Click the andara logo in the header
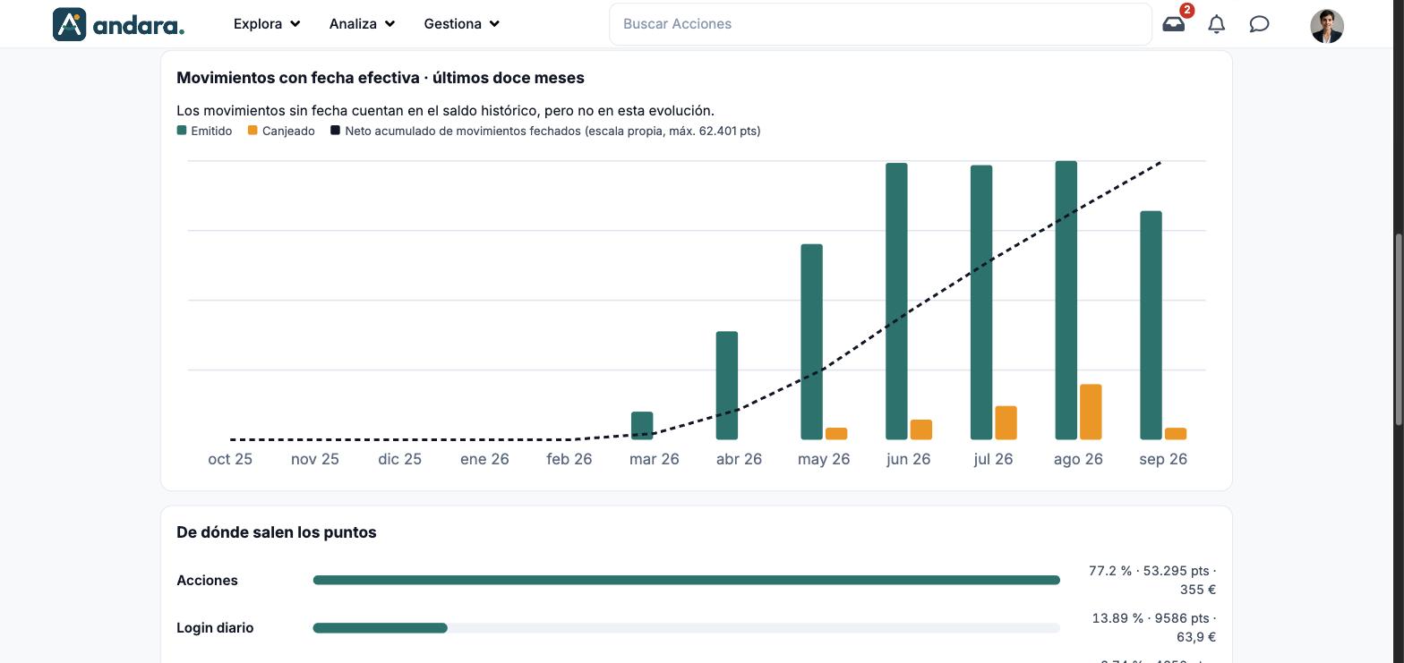click(x=118, y=24)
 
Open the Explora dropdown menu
click(x=267, y=24)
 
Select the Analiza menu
click(x=363, y=24)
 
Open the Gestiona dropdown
click(x=462, y=24)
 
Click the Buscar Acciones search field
click(x=880, y=24)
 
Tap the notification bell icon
click(x=1216, y=24)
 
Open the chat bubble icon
click(x=1259, y=24)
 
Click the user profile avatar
click(x=1326, y=26)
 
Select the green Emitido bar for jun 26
click(x=896, y=302)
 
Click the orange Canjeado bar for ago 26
click(x=1091, y=412)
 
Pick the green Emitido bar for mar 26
click(x=642, y=426)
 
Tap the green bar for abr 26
click(x=726, y=385)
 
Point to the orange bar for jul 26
click(x=1006, y=422)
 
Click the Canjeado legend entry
click(x=281, y=131)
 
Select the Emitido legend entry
click(x=204, y=131)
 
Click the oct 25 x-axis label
click(x=230, y=459)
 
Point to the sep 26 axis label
click(x=1162, y=459)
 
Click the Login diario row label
click(x=215, y=628)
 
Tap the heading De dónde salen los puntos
click(x=277, y=532)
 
